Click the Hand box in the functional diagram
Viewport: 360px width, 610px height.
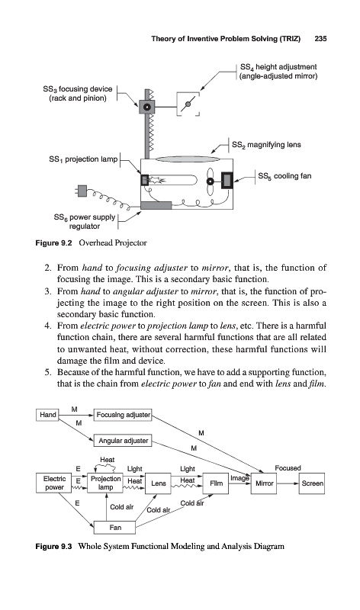pyautogui.click(x=47, y=415)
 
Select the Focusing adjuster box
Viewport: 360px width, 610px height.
pyautogui.click(x=123, y=415)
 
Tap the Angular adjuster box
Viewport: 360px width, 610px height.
pyautogui.click(x=123, y=441)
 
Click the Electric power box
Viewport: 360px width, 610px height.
pyautogui.click(x=54, y=483)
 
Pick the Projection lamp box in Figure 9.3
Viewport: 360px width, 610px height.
pyautogui.click(x=105, y=483)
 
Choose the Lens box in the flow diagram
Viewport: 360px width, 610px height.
pyautogui.click(x=158, y=483)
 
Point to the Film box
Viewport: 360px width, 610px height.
pyautogui.click(x=216, y=483)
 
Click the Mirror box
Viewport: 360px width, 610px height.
pyautogui.click(x=264, y=483)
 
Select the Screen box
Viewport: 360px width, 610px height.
pyautogui.click(x=312, y=483)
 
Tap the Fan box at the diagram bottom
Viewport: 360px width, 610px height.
pyautogui.click(x=115, y=528)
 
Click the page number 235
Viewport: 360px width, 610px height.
pyautogui.click(x=320, y=39)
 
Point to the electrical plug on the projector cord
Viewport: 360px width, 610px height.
pyautogui.click(x=82, y=191)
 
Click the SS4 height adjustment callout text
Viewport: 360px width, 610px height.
pyautogui.click(x=278, y=71)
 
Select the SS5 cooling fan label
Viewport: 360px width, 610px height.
pyautogui.click(x=284, y=176)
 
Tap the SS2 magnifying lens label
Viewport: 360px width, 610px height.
pyautogui.click(x=266, y=145)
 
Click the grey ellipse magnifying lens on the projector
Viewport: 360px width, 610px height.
pyautogui.click(x=188, y=159)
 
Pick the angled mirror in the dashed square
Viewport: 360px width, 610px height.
pyautogui.click(x=188, y=104)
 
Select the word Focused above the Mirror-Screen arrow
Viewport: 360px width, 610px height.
pyautogui.click(x=288, y=468)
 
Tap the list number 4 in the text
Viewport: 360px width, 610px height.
pyautogui.click(x=47, y=326)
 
